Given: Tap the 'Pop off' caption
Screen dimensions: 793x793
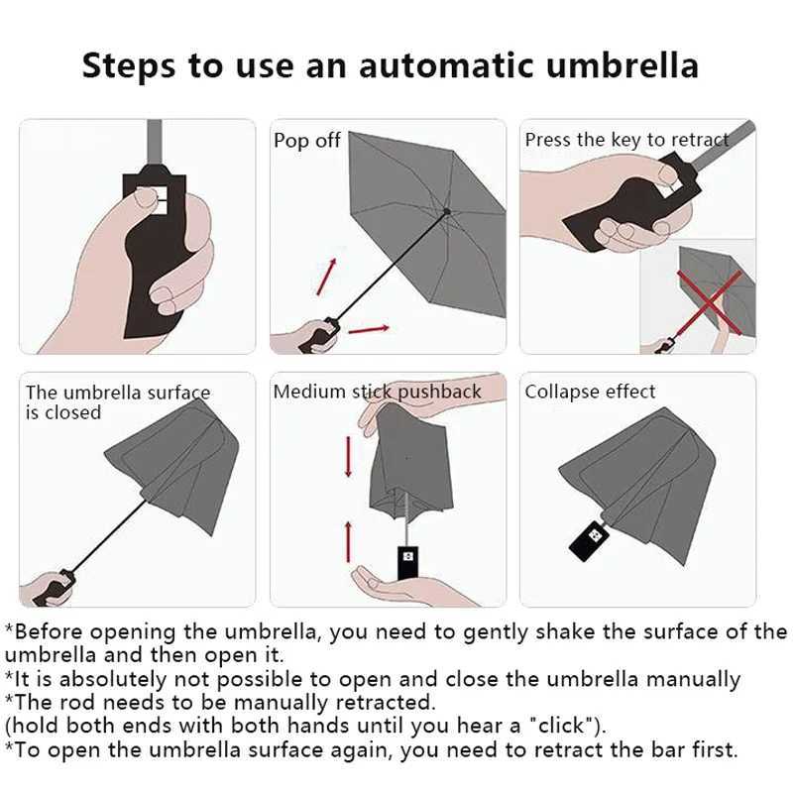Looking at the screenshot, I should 306,141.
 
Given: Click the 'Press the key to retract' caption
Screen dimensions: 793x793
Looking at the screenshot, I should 625,140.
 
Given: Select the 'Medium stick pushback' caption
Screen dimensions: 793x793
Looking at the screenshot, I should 377,392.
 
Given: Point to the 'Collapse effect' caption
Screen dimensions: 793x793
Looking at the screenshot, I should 590,392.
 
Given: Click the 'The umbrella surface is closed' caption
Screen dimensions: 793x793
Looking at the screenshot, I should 117,401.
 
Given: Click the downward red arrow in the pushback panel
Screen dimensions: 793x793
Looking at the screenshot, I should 348,457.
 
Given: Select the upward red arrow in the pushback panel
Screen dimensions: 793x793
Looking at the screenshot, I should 348,540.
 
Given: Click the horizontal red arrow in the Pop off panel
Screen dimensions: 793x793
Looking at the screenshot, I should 369,328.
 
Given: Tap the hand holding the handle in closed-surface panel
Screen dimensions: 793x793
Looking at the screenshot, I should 48,587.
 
